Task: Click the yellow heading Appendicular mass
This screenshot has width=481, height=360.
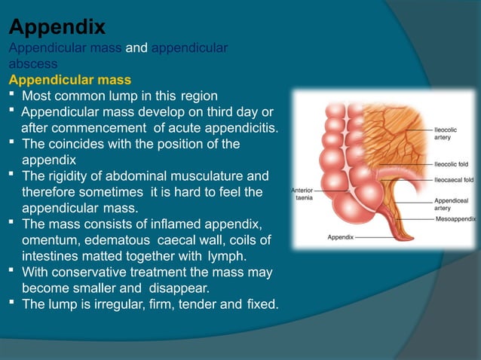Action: click(69, 80)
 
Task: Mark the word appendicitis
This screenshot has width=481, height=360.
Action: click(236, 128)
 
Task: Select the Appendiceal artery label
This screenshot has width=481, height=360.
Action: click(451, 204)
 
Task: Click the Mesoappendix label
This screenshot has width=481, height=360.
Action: click(455, 218)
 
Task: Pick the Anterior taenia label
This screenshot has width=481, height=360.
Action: click(303, 194)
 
